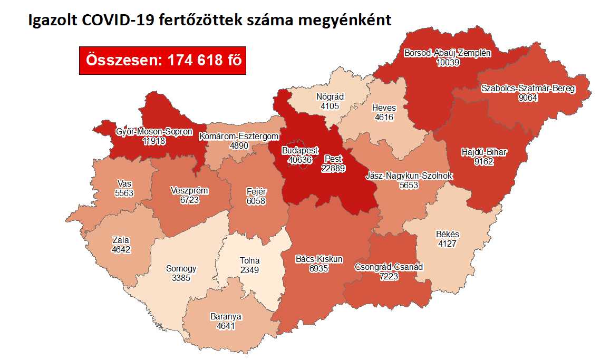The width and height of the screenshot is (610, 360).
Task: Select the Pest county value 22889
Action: point(333,168)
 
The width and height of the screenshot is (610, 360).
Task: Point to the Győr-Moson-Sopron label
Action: point(154,132)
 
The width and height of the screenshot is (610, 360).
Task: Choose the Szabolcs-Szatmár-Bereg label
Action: point(528,88)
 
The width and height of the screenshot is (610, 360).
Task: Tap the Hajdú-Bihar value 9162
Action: point(483,162)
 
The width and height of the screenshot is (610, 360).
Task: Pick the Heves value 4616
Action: point(384,117)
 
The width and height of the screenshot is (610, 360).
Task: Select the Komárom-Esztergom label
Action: point(238,137)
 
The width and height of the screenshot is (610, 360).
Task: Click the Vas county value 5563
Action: point(124,193)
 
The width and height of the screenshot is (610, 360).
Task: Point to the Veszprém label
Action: point(190,190)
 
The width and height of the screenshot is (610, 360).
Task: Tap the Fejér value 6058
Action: point(256,201)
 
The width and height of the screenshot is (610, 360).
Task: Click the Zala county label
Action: point(121,240)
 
